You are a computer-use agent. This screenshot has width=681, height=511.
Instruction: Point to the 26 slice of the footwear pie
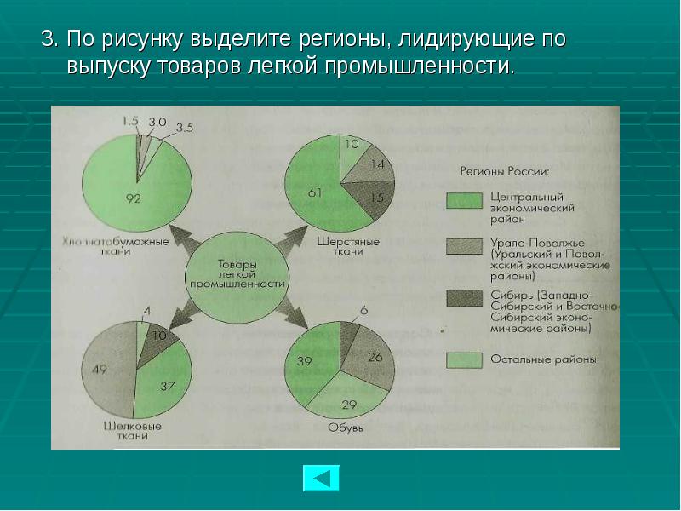[371, 358]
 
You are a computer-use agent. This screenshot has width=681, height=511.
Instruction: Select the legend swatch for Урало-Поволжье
[465, 247]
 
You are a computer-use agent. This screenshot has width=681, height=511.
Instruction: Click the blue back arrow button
[321, 479]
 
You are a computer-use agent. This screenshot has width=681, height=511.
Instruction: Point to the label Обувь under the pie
[346, 428]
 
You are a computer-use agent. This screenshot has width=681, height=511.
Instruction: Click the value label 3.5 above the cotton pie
[186, 128]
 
